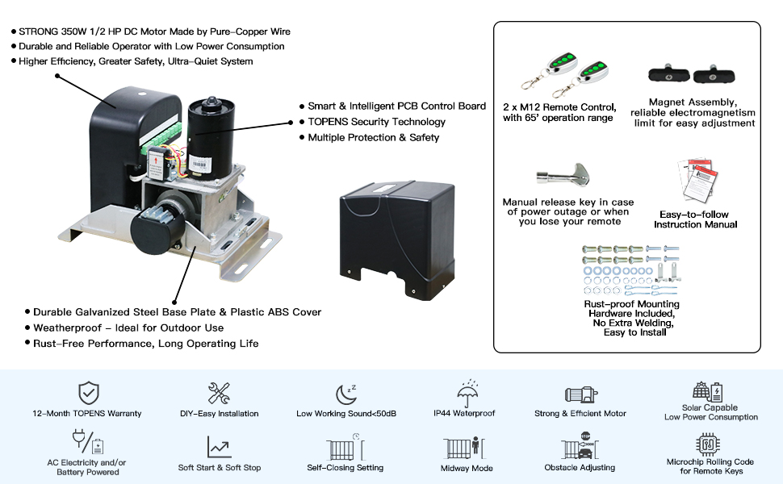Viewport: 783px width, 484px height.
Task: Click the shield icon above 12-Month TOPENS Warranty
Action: pyautogui.click(x=89, y=393)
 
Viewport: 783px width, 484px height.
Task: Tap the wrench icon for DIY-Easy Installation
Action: pyautogui.click(x=219, y=393)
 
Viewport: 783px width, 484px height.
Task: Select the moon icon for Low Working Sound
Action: pyautogui.click(x=346, y=393)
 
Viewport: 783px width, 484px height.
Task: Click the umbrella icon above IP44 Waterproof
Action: pyautogui.click(x=465, y=394)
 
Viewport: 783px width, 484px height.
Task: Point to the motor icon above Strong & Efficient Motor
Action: pyautogui.click(x=580, y=394)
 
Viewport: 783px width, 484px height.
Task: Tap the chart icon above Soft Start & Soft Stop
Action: pyautogui.click(x=219, y=446)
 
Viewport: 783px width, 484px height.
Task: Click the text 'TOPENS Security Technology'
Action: pyautogui.click(x=376, y=122)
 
